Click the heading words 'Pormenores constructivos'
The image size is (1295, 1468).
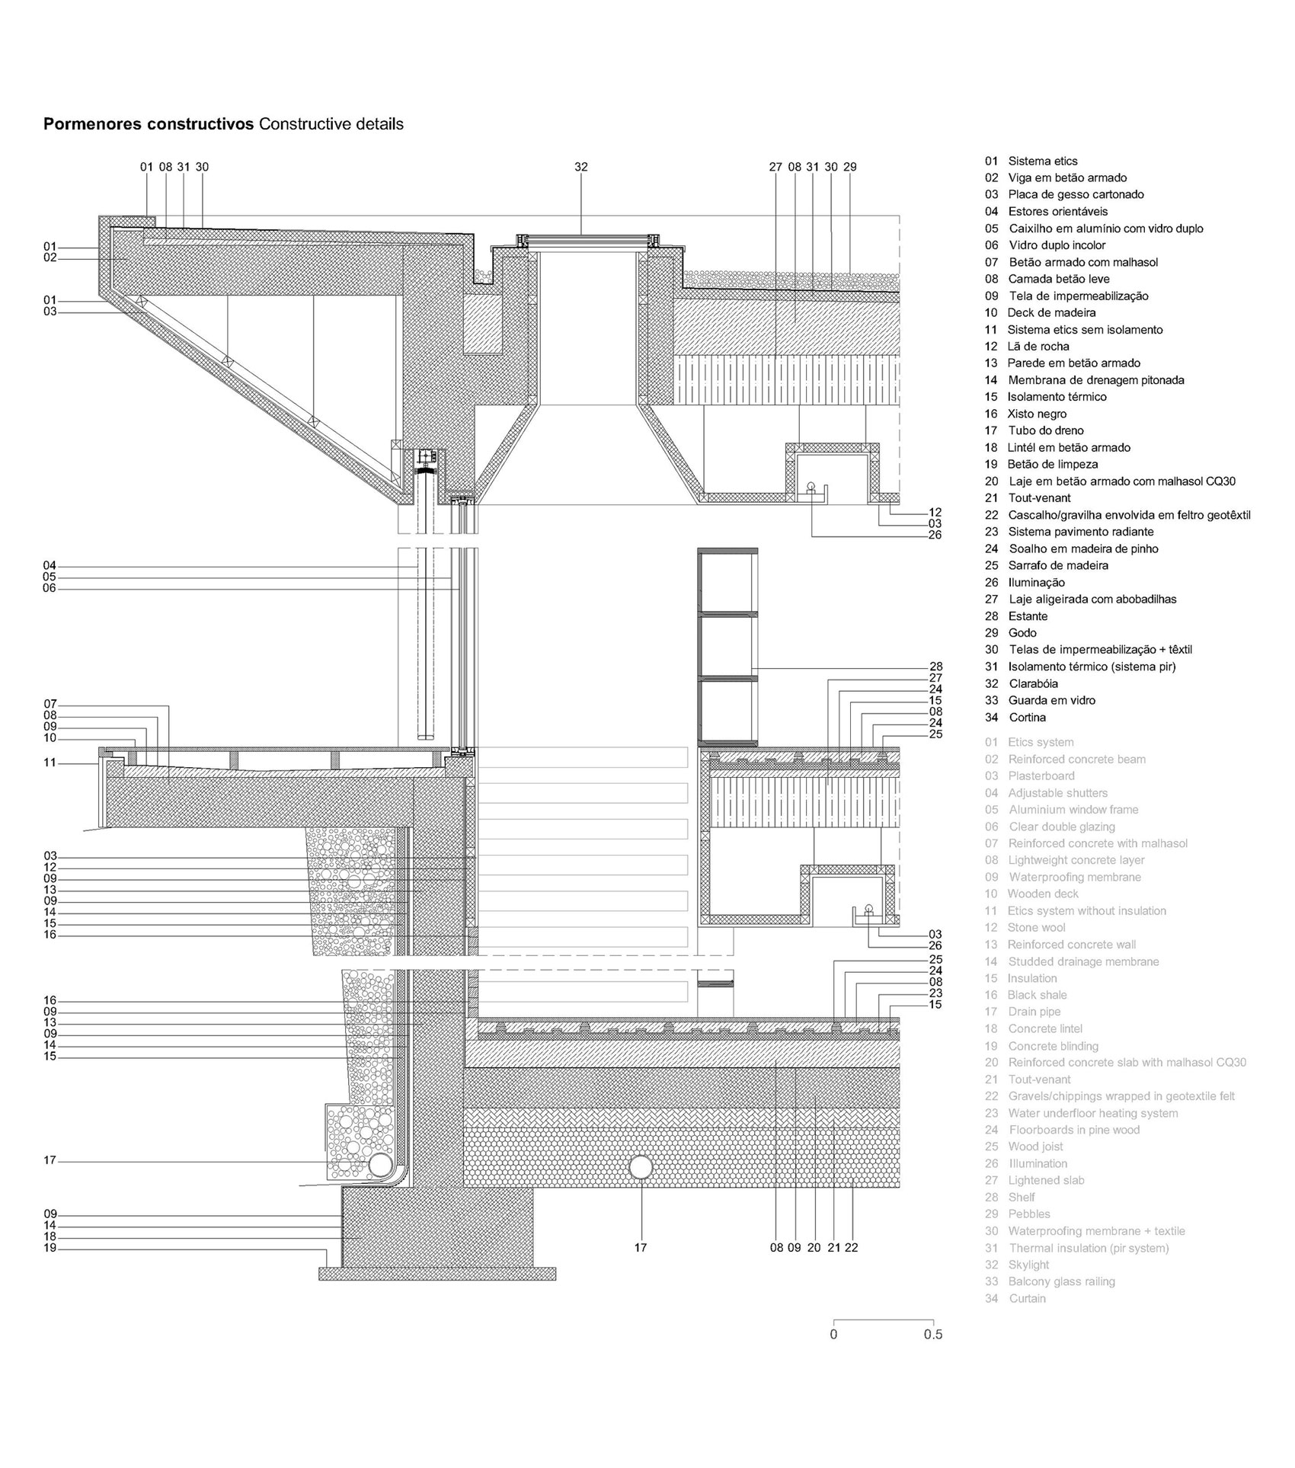[149, 124]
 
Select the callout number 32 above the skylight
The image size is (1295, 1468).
[581, 167]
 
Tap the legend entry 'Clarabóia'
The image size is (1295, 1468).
[1037, 683]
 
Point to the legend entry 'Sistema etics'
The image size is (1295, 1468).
[1043, 161]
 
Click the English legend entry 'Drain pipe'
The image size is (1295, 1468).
[1034, 1012]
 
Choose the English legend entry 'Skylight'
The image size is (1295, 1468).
[1029, 1265]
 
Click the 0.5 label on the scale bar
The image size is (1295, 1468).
[933, 1334]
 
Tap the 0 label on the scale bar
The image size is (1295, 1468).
[833, 1334]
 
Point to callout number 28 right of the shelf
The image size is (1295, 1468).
[935, 667]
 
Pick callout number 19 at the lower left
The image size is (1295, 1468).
[50, 1249]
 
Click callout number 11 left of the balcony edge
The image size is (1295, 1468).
[50, 762]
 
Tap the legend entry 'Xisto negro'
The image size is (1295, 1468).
[1037, 414]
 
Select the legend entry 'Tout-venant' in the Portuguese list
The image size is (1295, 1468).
[1040, 498]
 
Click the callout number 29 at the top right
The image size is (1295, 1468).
[850, 167]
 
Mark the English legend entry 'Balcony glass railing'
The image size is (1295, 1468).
[1062, 1281]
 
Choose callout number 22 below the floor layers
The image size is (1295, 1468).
[852, 1248]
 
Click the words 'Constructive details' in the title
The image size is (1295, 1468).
[331, 124]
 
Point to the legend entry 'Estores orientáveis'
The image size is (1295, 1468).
[1058, 211]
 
